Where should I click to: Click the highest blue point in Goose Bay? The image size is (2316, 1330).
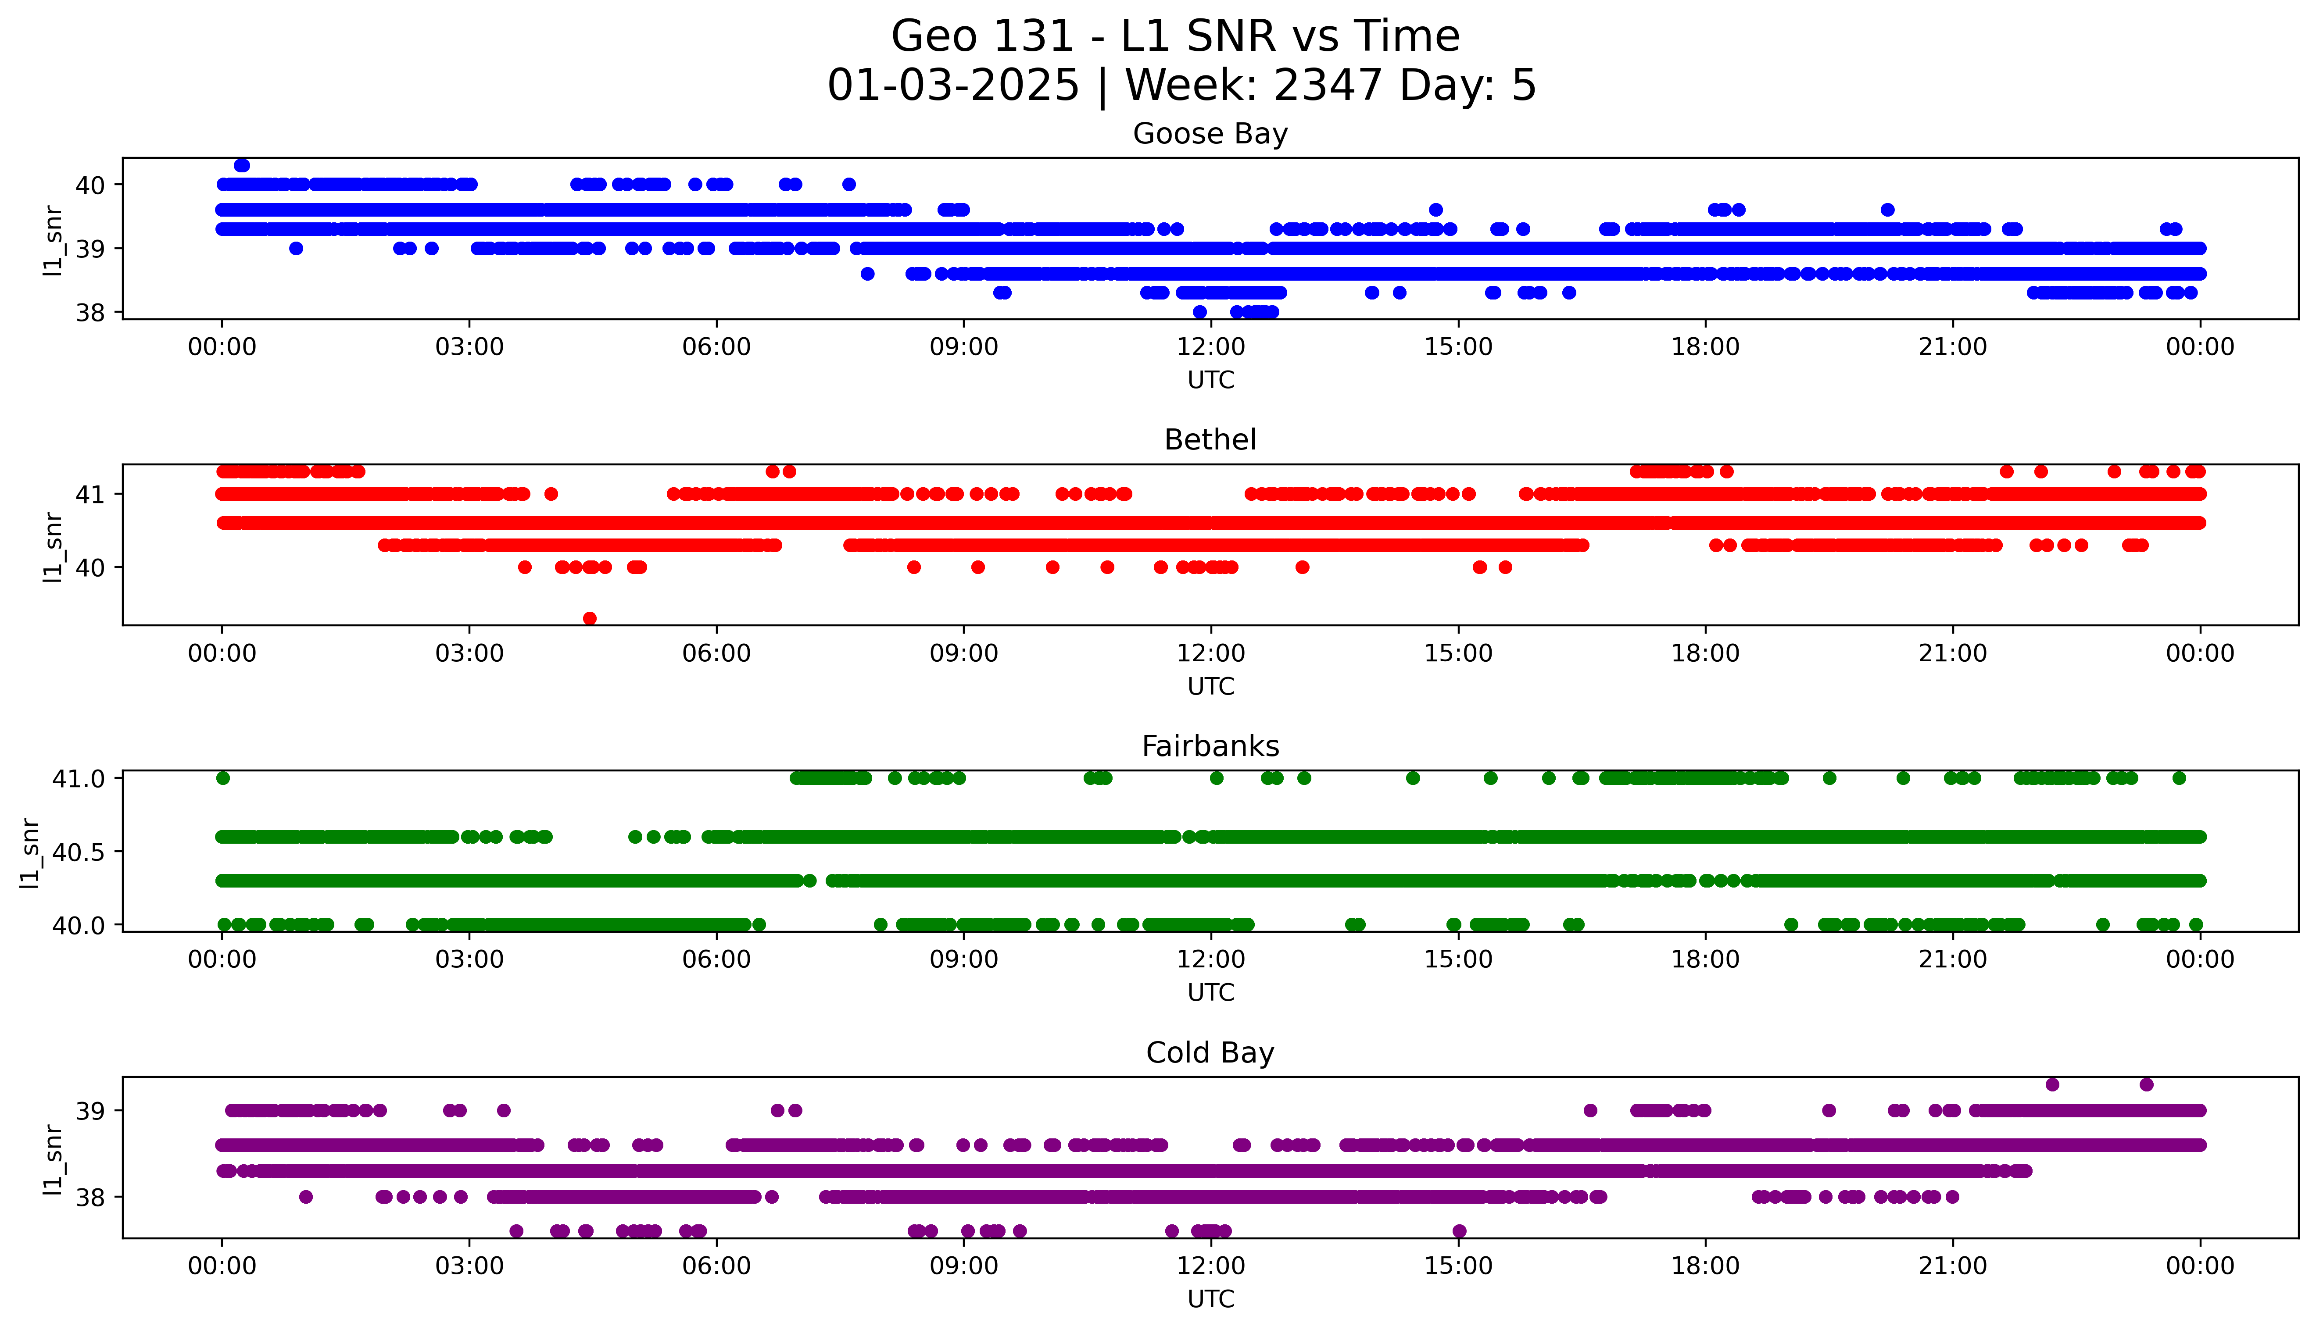(242, 165)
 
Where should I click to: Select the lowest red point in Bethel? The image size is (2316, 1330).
(590, 618)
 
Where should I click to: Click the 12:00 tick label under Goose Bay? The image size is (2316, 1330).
(1210, 347)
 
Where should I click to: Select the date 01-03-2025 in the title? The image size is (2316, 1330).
(953, 86)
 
